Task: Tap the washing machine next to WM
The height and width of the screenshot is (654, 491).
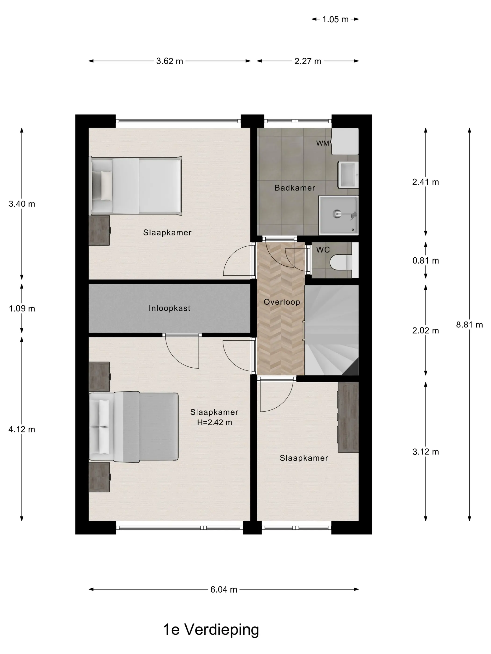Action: pyautogui.click(x=345, y=141)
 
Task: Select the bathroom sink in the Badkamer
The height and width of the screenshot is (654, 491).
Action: pyautogui.click(x=348, y=174)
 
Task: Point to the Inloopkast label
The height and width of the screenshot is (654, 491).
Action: pyautogui.click(x=170, y=308)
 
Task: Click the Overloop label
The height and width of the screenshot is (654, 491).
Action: pyautogui.click(x=282, y=302)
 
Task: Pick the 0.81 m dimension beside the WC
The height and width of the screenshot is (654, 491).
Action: pyautogui.click(x=426, y=260)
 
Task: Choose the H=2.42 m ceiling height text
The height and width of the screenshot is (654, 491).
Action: pyautogui.click(x=215, y=422)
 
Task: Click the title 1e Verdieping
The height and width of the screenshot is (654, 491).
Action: pyautogui.click(x=211, y=629)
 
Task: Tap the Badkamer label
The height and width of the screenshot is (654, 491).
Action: pyautogui.click(x=295, y=188)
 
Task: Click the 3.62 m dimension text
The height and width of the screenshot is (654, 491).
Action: pyautogui.click(x=170, y=61)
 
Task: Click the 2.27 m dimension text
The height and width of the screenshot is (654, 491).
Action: pyautogui.click(x=308, y=61)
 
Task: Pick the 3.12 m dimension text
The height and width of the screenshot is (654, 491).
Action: pyautogui.click(x=426, y=452)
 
